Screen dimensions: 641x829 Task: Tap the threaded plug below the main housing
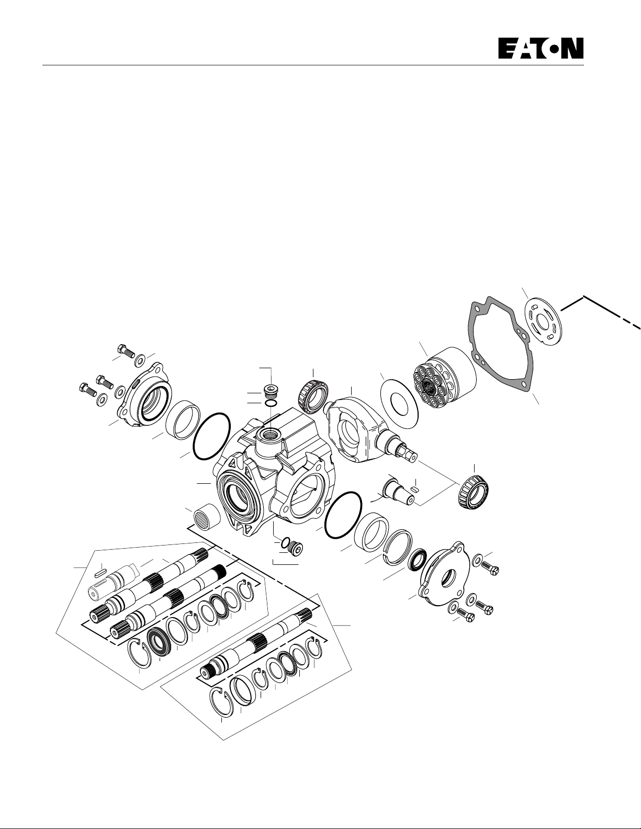point(295,550)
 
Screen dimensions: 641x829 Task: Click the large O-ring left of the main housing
point(211,436)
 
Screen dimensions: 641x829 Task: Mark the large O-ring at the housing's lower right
point(343,515)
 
